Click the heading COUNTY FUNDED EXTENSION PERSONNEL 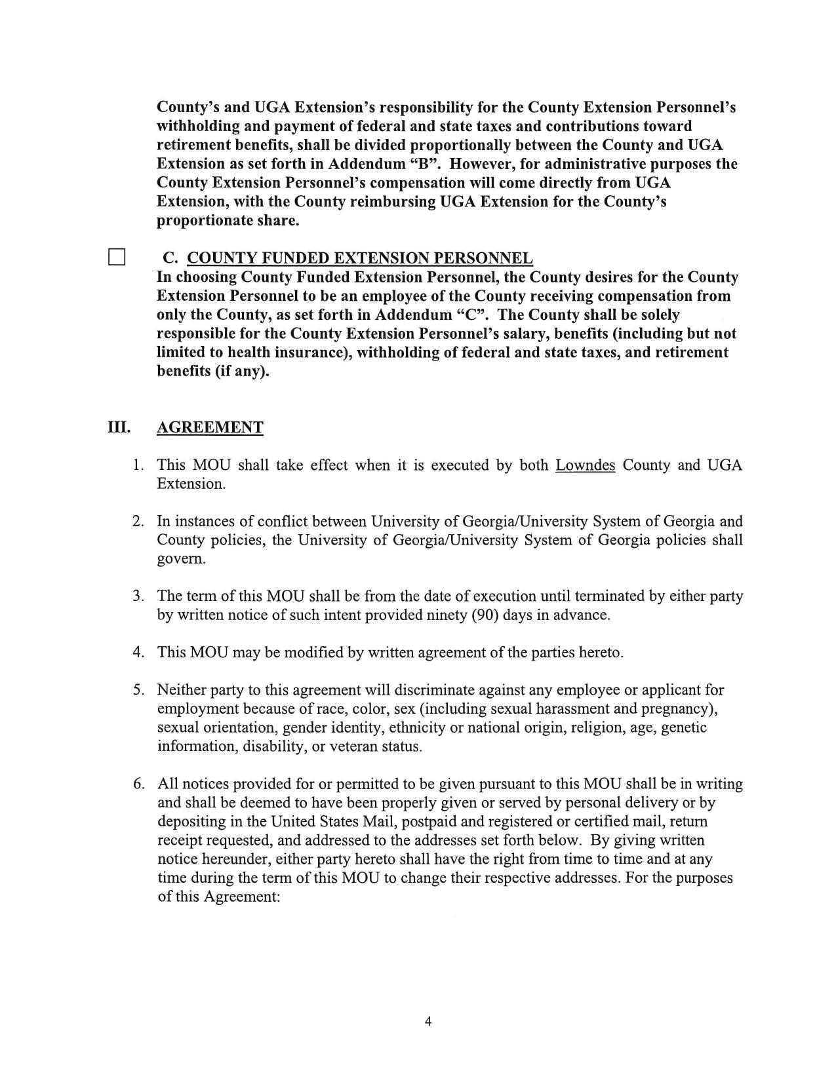point(359,258)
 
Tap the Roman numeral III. point(119,427)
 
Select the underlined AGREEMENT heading point(210,428)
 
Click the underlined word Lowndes point(585,465)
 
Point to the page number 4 point(428,1021)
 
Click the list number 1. point(137,465)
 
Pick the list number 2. point(137,522)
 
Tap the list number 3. point(137,596)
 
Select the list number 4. point(137,653)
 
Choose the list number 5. point(137,690)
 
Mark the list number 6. point(137,784)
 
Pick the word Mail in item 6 point(377,822)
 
